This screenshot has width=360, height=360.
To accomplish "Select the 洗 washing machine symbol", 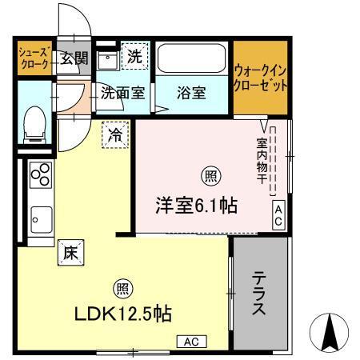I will [134, 58].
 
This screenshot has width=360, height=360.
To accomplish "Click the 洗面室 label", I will [122, 93].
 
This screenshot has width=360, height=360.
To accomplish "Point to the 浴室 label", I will [192, 93].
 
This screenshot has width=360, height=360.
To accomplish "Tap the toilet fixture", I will [34, 125].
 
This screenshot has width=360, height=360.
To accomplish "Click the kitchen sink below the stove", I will [41, 215].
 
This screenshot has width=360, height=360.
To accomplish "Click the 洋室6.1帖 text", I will [196, 205].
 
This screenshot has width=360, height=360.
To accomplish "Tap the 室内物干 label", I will [262, 161].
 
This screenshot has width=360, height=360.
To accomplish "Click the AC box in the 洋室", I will [278, 215].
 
